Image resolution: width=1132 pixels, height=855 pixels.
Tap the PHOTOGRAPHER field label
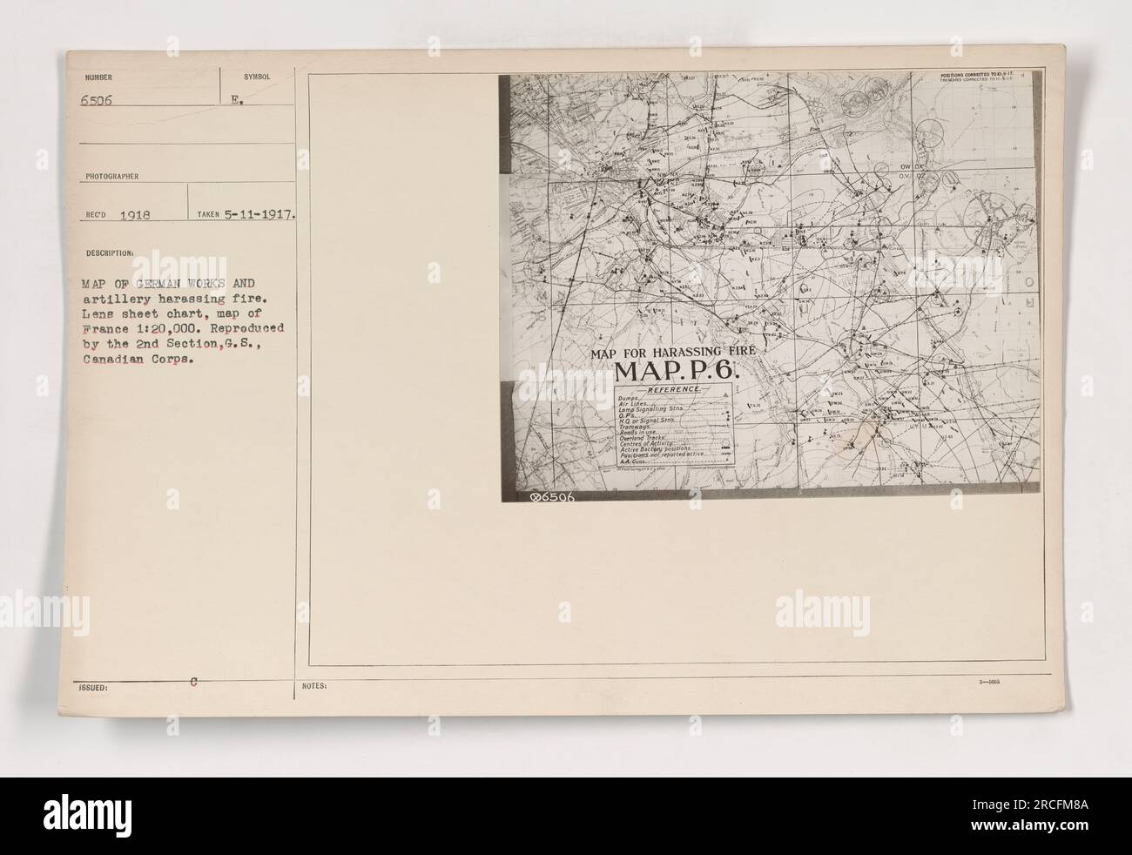coord(109,174)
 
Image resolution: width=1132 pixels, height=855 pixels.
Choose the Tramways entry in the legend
coord(636,427)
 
